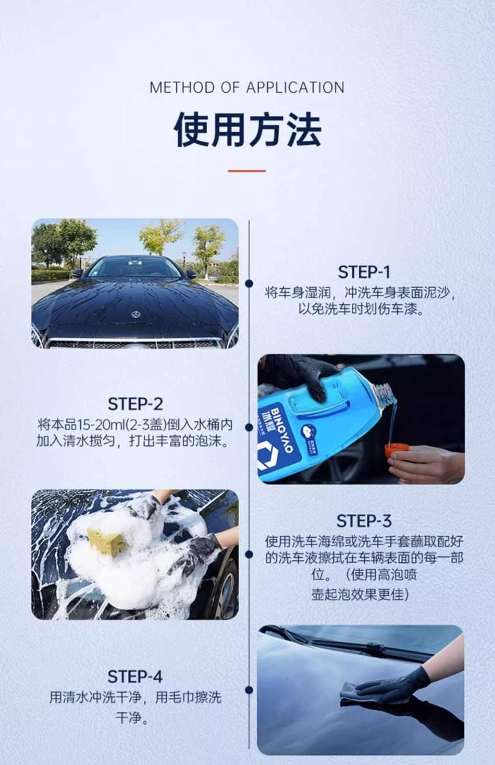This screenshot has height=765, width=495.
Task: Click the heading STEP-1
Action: point(364,272)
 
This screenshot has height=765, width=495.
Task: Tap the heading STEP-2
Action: point(135,404)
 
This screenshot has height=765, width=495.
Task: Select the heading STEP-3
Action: point(364,521)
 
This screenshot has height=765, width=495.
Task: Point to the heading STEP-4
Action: point(135,677)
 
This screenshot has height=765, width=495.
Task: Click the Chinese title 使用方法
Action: point(247,130)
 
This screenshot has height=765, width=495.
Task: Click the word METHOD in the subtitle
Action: point(183,87)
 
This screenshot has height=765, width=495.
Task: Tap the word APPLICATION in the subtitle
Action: point(295,87)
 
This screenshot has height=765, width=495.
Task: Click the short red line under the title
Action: point(247,171)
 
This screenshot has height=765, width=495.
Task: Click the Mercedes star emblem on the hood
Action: point(136,314)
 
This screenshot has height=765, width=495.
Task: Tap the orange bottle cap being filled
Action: point(396,450)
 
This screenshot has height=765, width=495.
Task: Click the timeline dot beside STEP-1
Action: point(249,283)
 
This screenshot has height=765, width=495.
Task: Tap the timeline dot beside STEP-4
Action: point(249,690)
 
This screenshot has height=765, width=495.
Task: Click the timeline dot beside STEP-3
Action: point(249,554)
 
